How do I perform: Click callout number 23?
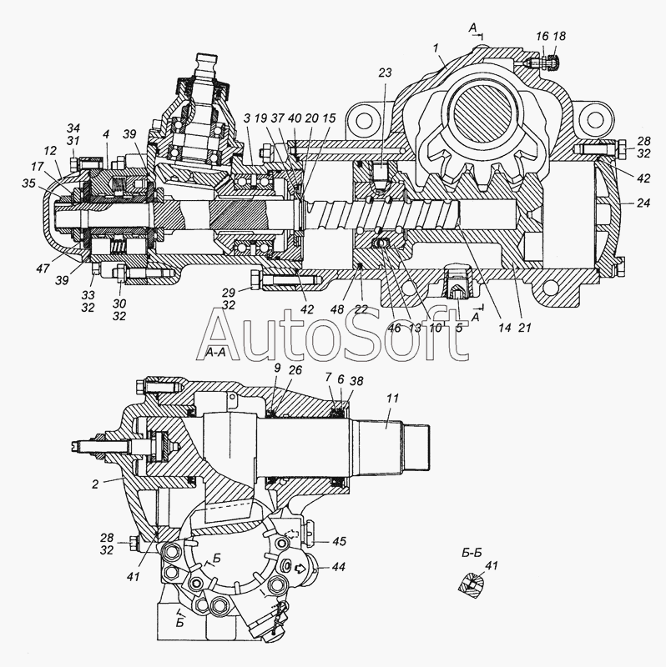click(385, 73)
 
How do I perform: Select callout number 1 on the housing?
click(436, 48)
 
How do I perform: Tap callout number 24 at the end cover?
click(643, 203)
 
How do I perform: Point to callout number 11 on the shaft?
click(392, 398)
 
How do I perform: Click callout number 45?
click(339, 541)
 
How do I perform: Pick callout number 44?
click(339, 567)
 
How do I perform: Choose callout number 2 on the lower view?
click(95, 484)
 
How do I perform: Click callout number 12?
click(50, 150)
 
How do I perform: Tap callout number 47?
click(43, 268)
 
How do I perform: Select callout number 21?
click(525, 328)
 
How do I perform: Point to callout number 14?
click(504, 328)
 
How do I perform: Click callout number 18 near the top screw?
click(559, 36)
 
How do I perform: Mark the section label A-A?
click(215, 352)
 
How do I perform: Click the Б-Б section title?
click(472, 553)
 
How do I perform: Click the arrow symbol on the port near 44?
click(301, 567)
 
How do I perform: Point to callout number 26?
click(295, 370)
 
